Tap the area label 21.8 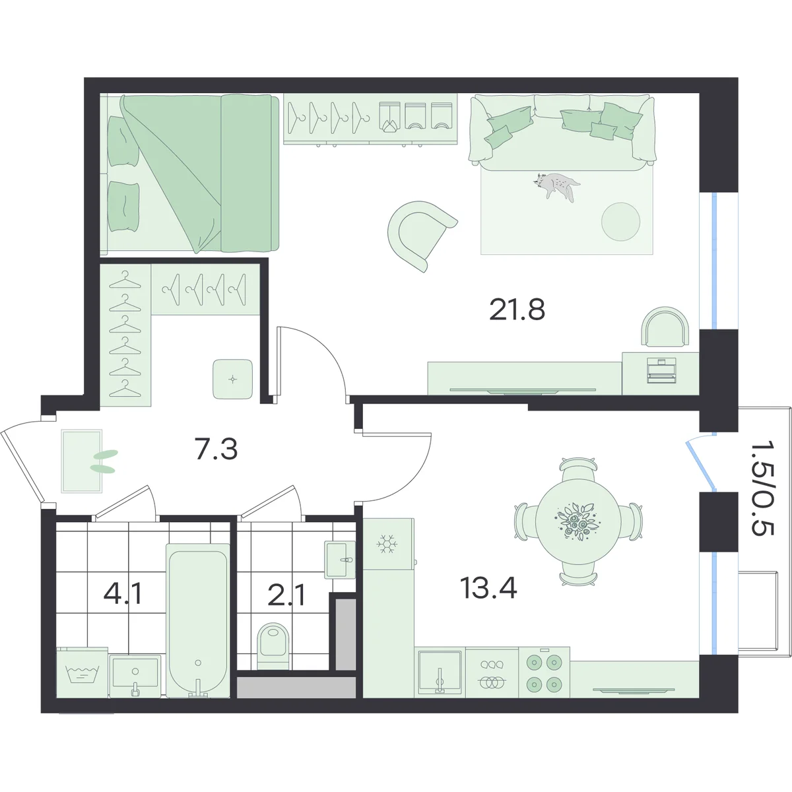[x=517, y=310]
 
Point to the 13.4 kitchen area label [x=488, y=588]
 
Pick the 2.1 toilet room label [x=286, y=596]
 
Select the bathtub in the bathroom [x=198, y=620]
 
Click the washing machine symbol [x=82, y=673]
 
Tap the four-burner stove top [x=544, y=673]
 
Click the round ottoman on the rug [x=620, y=222]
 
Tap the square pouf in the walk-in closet [x=232, y=379]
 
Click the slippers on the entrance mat [x=104, y=461]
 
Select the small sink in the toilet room [x=339, y=560]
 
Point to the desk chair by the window [x=665, y=327]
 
